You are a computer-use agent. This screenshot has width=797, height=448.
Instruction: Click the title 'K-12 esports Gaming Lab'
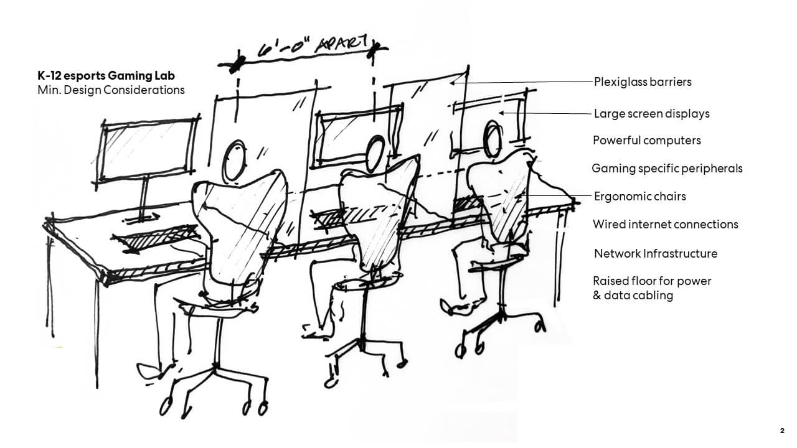106,76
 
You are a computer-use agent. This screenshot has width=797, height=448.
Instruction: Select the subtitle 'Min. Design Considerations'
111,90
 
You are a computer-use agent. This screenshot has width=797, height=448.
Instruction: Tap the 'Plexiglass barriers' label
643,82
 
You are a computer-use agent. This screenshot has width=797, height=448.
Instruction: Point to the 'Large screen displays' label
652,114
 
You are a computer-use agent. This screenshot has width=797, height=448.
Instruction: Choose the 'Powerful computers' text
647,141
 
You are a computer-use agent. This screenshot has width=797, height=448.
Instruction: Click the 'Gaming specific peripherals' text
667,169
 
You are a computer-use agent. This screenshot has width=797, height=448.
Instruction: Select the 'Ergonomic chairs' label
640,197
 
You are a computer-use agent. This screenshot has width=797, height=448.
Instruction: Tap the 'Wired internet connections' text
666,225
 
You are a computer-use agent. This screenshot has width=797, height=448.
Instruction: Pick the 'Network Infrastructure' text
656,253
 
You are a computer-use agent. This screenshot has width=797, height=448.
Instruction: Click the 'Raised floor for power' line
652,281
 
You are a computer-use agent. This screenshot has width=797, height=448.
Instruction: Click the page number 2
781,431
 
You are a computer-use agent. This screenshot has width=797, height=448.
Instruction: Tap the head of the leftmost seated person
234,161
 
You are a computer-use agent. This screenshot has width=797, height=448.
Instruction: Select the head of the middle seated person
375,153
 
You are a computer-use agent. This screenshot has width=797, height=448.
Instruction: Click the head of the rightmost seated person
493,138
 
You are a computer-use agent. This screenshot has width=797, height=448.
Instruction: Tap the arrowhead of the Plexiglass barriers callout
451,83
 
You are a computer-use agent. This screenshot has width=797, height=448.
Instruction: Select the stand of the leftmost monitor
144,199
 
